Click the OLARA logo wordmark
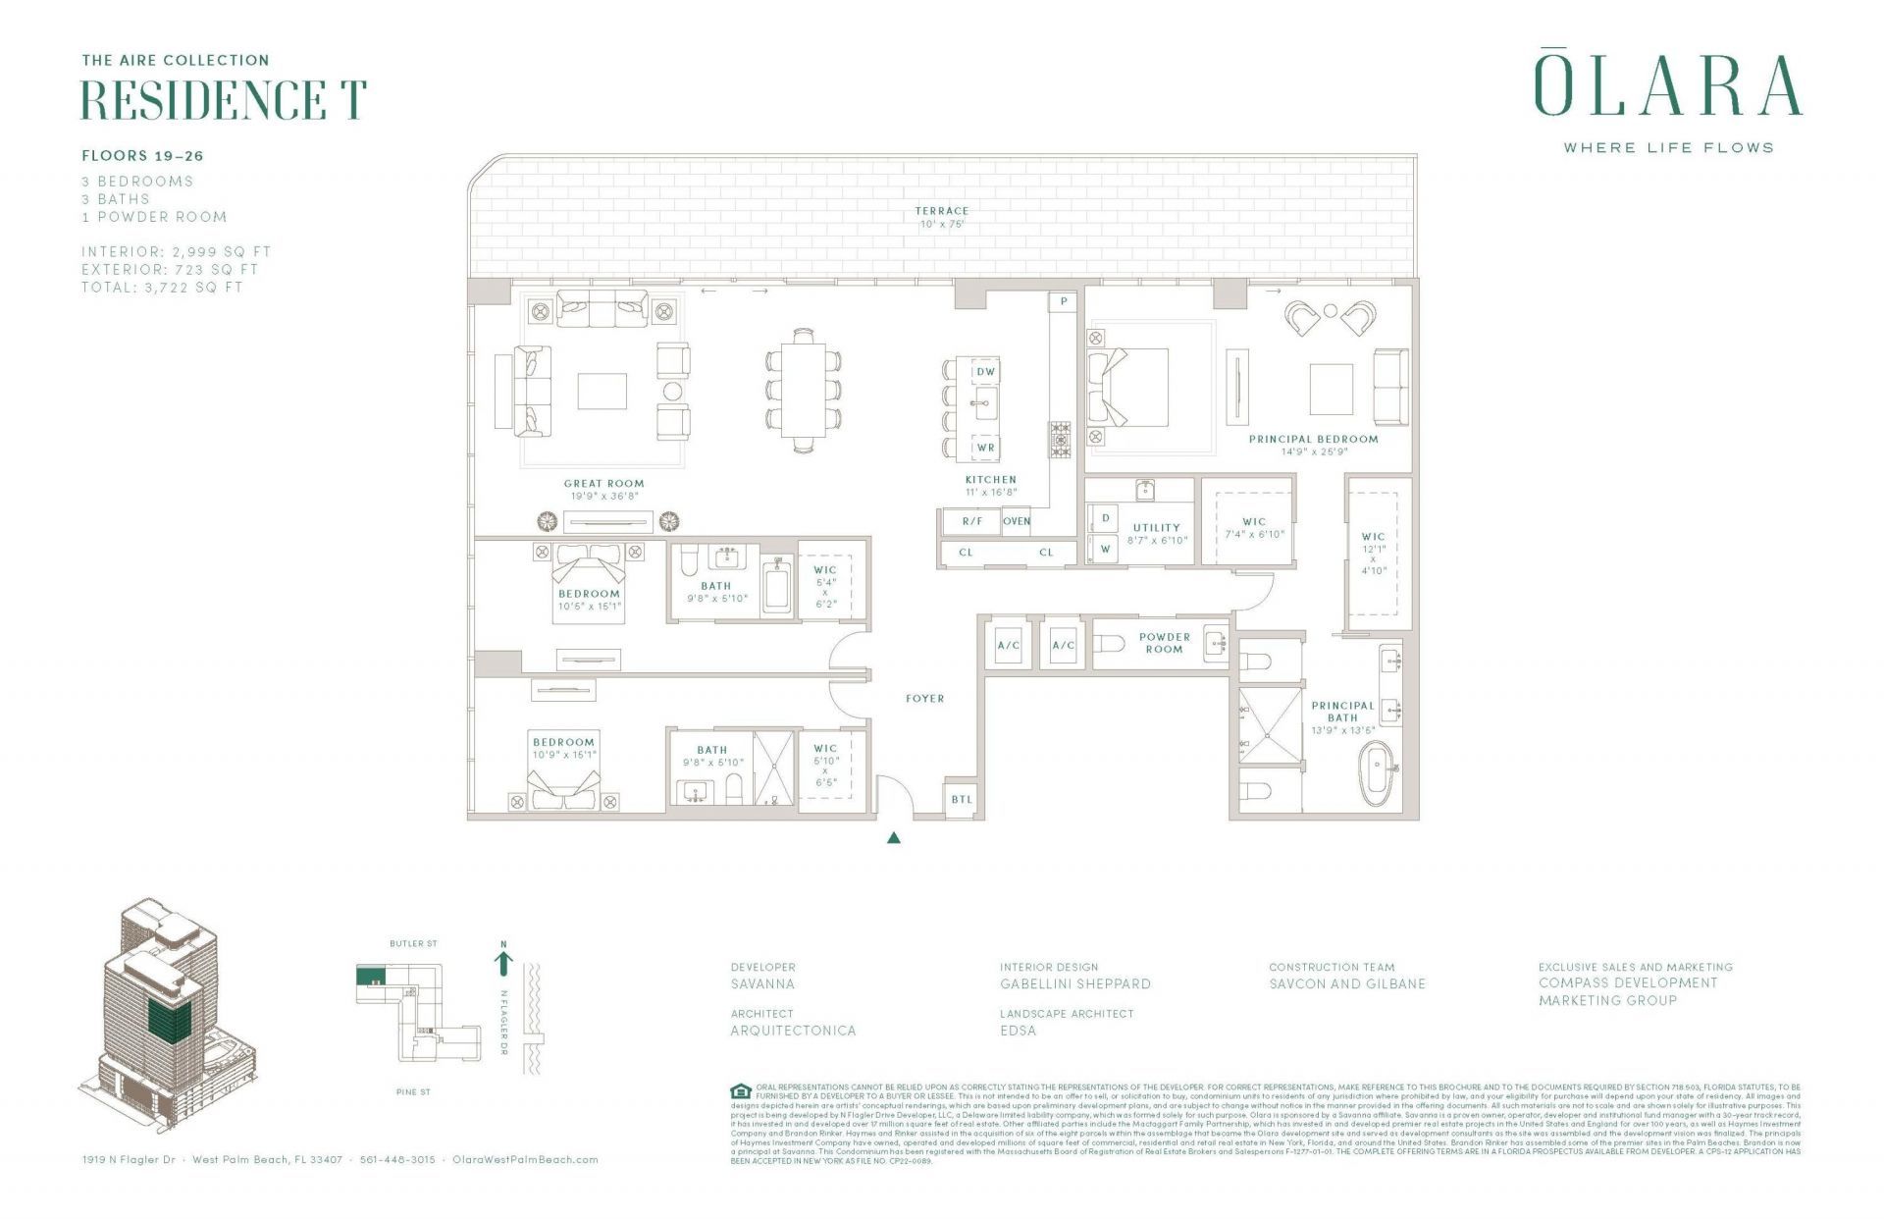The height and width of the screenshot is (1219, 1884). tap(1667, 86)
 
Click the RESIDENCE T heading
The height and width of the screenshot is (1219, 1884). tap(224, 100)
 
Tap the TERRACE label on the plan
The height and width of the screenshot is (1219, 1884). tap(941, 211)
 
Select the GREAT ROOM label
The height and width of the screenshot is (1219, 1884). tap(603, 483)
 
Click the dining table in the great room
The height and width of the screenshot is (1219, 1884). tap(804, 390)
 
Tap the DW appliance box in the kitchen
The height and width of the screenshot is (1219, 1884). tap(985, 372)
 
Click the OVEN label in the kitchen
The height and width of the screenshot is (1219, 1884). tap(1017, 521)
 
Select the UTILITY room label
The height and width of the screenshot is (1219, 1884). tap(1156, 528)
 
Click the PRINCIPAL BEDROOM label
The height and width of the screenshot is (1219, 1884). tap(1313, 439)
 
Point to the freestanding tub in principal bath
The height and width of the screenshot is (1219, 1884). tap(1378, 773)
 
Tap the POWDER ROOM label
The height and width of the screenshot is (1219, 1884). tap(1164, 643)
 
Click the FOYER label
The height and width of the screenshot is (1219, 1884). tap(924, 699)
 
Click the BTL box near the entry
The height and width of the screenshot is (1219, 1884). tap(961, 799)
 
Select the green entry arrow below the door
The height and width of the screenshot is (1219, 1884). tap(893, 838)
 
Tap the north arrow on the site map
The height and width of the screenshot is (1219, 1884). tap(503, 960)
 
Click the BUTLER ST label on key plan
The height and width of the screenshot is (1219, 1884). tap(413, 944)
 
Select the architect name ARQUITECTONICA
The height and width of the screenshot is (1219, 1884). tap(793, 1031)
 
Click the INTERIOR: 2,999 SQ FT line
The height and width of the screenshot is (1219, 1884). tap(177, 252)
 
